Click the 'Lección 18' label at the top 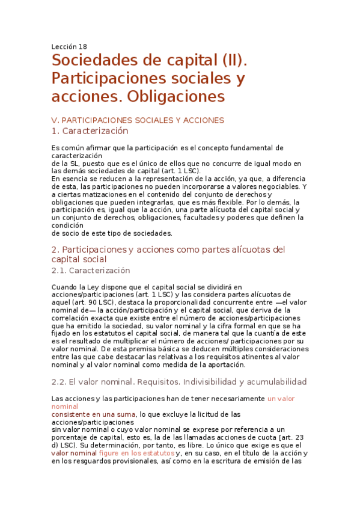click(69, 46)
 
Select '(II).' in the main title click(226, 61)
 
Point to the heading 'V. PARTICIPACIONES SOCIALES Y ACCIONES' click(138, 120)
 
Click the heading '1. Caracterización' click(90, 131)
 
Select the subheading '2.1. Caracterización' click(91, 271)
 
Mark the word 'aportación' click(222, 364)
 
